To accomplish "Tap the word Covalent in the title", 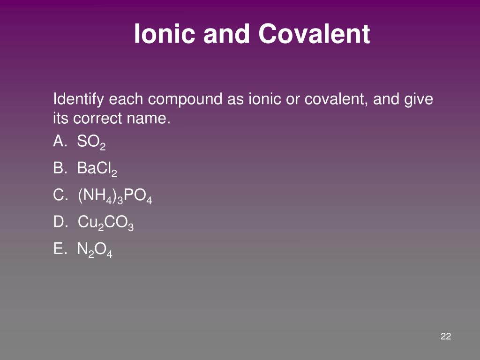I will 314,34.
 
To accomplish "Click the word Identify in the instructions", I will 79,99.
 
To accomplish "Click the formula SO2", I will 91,142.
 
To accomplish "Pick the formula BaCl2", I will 97,169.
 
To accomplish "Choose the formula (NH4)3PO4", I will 115,196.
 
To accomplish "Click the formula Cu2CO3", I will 106,223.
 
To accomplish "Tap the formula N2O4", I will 95,250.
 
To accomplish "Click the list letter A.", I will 59,142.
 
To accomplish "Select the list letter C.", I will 60,195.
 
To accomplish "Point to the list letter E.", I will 59,249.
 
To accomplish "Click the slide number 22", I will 446,336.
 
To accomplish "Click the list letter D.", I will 60,222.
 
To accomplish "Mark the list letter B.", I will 59,168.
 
